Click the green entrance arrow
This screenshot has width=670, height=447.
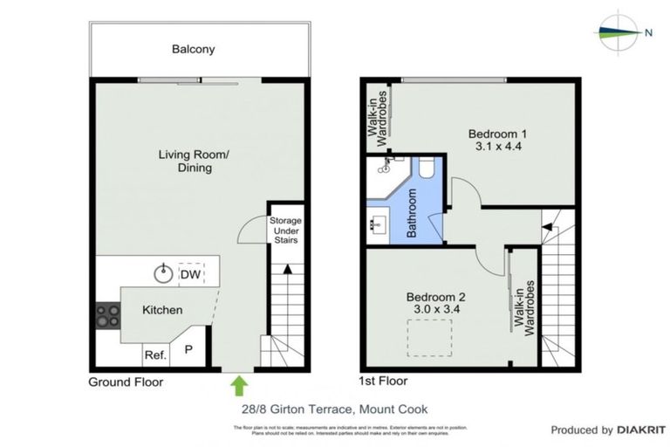239,384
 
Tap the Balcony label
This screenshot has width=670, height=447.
193,49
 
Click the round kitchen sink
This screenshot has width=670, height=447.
163,274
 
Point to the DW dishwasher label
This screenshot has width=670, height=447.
189,275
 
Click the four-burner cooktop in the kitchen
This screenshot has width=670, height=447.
107,314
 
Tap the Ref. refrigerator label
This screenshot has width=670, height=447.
155,354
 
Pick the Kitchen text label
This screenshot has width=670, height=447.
162,310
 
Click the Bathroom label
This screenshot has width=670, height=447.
413,213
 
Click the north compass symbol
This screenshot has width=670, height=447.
621,32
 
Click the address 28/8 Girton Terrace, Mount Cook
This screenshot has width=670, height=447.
335,409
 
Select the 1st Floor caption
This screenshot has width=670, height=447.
383,382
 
